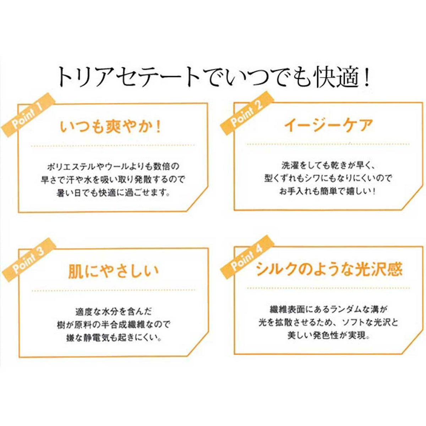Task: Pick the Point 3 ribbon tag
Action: coord(29,261)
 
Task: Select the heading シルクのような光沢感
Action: coord(329,270)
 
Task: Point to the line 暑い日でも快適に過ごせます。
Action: coord(113,193)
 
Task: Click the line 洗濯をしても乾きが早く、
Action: coord(328,165)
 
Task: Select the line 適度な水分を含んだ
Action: coord(114,311)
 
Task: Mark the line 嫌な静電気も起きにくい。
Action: coord(113,338)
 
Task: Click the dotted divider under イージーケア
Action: coord(328,144)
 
